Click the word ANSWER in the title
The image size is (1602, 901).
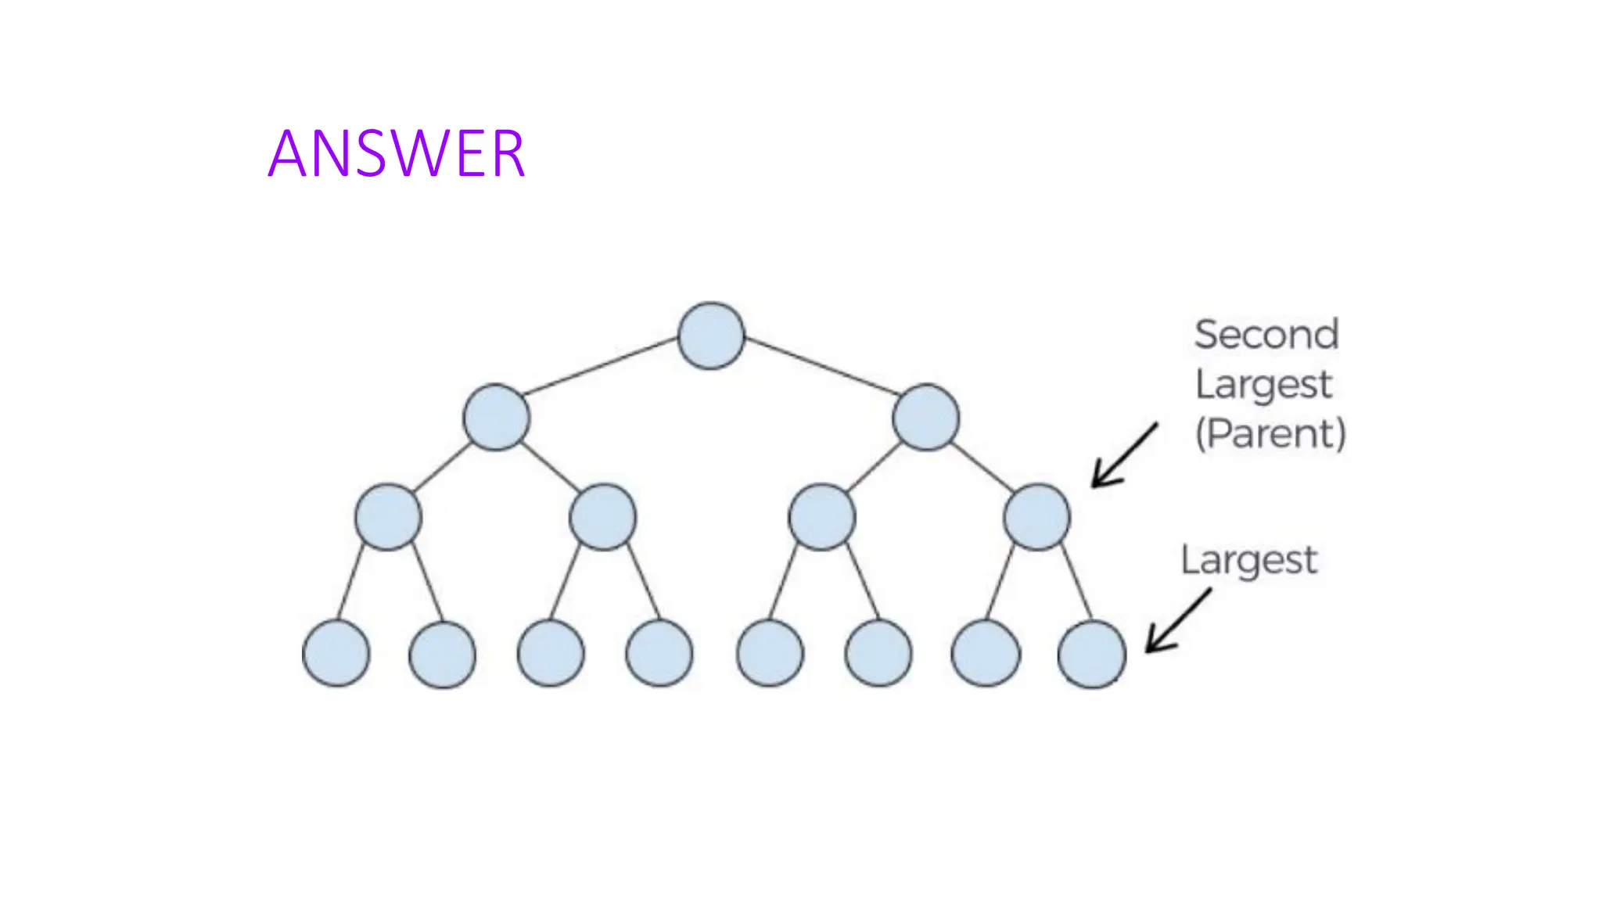click(x=396, y=153)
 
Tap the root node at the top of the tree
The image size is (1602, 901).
click(x=711, y=336)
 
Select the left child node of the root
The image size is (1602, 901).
click(x=496, y=417)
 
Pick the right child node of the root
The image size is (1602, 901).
click(x=925, y=417)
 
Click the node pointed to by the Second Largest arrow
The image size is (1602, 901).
click(x=1036, y=517)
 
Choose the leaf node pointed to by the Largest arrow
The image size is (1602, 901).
click(x=1091, y=654)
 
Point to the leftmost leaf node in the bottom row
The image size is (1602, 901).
click(x=336, y=654)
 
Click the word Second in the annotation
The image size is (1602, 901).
click(x=1266, y=335)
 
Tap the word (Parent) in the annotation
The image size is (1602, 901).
click(x=1270, y=433)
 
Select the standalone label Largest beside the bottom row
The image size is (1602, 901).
click(x=1248, y=560)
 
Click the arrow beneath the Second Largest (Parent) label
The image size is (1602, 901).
click(x=1123, y=456)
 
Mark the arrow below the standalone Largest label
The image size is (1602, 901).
click(x=1177, y=621)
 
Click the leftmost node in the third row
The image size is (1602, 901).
click(x=388, y=517)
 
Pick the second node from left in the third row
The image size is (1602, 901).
click(x=602, y=517)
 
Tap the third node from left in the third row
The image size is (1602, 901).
click(x=821, y=517)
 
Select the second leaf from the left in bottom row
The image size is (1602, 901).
click(x=442, y=654)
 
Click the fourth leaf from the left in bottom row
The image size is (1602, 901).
click(x=659, y=654)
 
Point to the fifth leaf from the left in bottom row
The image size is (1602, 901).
click(x=770, y=654)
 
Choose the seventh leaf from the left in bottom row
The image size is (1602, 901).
click(x=986, y=654)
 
